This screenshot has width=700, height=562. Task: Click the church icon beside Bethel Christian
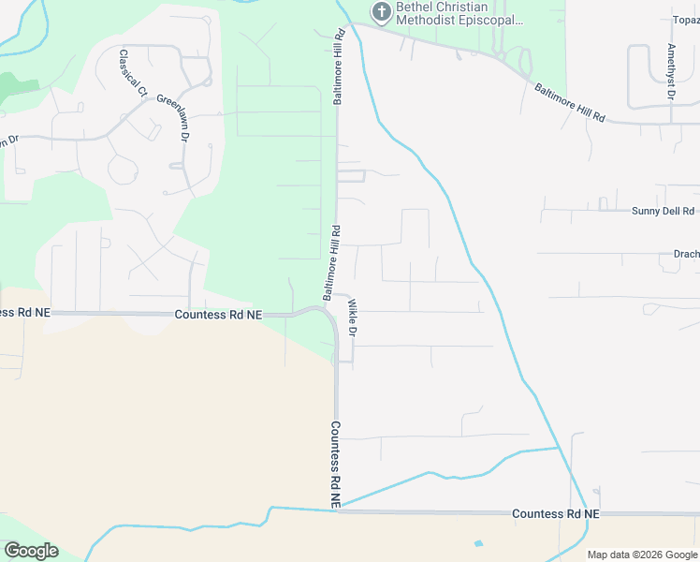pyautogui.click(x=380, y=12)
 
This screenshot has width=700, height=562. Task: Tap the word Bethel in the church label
pyautogui.click(x=416, y=7)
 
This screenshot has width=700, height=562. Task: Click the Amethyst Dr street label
pyautogui.click(x=671, y=71)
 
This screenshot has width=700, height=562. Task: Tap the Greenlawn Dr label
pyautogui.click(x=173, y=117)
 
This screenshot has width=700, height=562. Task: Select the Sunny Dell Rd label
pyautogui.click(x=663, y=212)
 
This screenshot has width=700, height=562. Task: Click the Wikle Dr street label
pyautogui.click(x=353, y=318)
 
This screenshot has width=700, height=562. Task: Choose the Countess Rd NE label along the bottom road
pyautogui.click(x=556, y=514)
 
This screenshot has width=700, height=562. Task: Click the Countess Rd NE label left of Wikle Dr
pyautogui.click(x=218, y=316)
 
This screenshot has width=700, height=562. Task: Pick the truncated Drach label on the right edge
pyautogui.click(x=686, y=253)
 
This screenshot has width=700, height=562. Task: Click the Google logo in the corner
pyautogui.click(x=31, y=550)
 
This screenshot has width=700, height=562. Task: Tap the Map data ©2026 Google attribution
pyautogui.click(x=641, y=555)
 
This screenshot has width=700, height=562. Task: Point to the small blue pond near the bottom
pyautogui.click(x=479, y=543)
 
